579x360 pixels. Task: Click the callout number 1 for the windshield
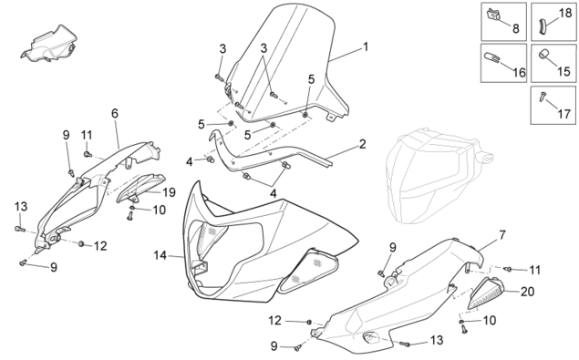click(366, 46)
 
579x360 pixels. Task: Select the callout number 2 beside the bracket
click(363, 144)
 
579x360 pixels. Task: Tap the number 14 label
click(160, 255)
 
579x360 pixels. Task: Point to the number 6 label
click(115, 113)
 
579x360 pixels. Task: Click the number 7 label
click(502, 235)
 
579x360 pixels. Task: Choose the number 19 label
click(169, 192)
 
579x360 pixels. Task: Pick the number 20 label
click(527, 292)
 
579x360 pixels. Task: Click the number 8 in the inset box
click(515, 28)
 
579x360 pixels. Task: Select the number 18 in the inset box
click(565, 13)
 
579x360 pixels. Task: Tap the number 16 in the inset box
click(519, 72)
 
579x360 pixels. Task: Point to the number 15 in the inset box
click(563, 71)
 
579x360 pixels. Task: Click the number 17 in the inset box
click(563, 114)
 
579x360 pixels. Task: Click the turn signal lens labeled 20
click(485, 293)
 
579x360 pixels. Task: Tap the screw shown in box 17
click(543, 98)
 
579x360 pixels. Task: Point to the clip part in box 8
click(493, 14)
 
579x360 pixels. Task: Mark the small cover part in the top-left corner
click(49, 43)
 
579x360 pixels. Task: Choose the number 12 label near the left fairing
click(100, 246)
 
